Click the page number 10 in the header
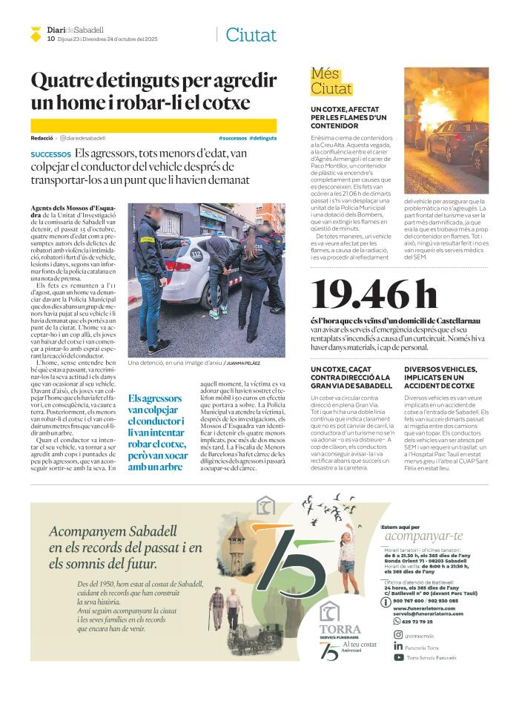point(50,39)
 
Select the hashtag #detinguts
point(263,138)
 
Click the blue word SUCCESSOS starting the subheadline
point(51,154)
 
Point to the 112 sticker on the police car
point(195,254)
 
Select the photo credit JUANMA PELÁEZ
point(243,363)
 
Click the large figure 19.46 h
point(375,295)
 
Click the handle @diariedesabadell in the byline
point(82,138)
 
